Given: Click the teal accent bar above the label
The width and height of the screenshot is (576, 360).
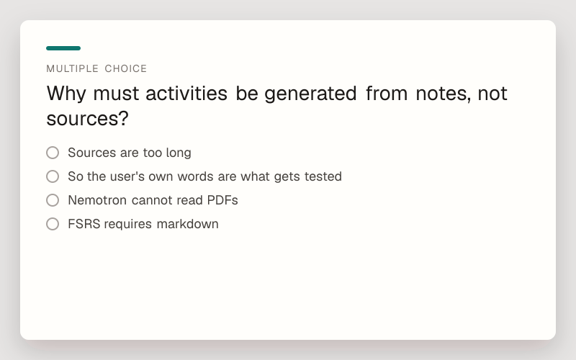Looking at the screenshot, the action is pos(63,48).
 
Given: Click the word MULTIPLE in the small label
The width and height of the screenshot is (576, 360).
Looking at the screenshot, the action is pos(73,68).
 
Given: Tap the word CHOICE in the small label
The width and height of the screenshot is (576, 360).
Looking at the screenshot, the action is pos(125,68).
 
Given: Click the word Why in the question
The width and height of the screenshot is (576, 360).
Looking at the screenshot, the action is pos(66,94).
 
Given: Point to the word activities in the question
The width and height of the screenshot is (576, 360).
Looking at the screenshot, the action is pos(186,94).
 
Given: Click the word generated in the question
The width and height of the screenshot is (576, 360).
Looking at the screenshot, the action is pos(310,94).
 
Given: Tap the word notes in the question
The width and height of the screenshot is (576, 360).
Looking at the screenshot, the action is pos(443,94).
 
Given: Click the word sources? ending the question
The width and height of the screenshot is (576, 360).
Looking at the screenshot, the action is pos(87,119).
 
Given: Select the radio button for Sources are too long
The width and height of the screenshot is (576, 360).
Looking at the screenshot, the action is pos(53,153).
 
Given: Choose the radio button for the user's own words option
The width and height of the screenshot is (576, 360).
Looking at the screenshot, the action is pos(53,176).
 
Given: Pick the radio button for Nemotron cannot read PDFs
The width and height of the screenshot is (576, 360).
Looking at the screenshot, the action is pos(53,200).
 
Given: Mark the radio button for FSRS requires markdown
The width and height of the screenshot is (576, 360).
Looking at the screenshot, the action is pos(53,224).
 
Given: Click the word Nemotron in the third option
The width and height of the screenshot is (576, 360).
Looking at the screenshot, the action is pos(97,200).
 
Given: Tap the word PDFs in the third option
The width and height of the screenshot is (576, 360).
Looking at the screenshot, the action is pos(222,200).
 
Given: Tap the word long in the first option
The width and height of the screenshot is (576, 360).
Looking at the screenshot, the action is pos(178,153).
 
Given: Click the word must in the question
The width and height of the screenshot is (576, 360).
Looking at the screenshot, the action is pos(116,94).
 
